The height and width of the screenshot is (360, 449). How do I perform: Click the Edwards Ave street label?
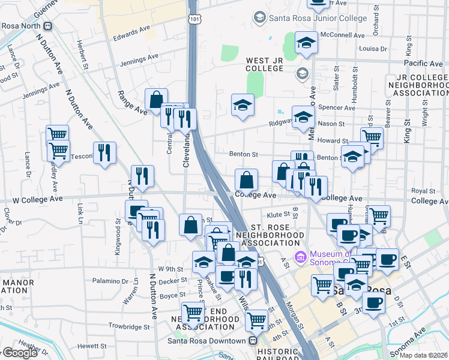[131, 34]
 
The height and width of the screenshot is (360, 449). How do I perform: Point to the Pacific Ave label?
[423, 63]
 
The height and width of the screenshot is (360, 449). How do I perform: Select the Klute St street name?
[279, 214]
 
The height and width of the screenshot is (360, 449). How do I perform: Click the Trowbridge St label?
[130, 327]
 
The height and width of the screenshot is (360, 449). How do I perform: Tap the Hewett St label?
[92, 346]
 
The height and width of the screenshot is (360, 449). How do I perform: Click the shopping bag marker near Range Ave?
[156, 98]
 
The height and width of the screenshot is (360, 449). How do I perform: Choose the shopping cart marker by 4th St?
[256, 319]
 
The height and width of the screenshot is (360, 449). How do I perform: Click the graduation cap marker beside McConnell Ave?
[306, 43]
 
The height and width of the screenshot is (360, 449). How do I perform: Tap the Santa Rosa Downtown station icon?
[255, 341]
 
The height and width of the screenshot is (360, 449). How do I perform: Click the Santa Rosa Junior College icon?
[259, 18]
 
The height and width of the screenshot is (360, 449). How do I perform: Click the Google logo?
[20, 353]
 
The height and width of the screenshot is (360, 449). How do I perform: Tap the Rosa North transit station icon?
[47, 26]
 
